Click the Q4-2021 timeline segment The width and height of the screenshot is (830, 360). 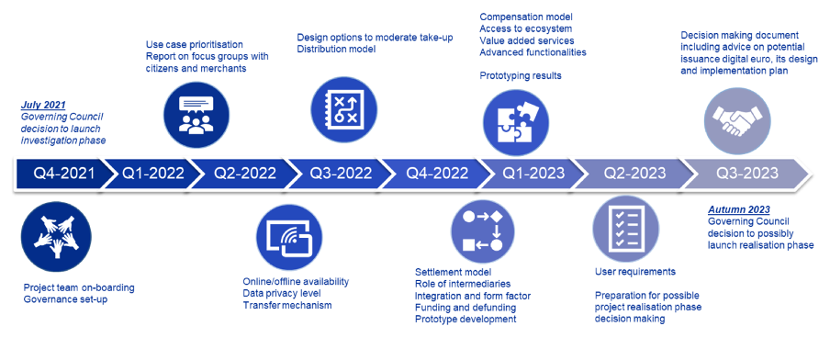click(62, 174)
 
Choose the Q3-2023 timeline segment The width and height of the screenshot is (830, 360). click(746, 174)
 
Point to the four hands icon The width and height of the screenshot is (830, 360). click(56, 234)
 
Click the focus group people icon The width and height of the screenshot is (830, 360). click(196, 115)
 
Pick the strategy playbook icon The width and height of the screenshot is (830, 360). click(343, 109)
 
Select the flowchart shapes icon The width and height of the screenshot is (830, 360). click(482, 231)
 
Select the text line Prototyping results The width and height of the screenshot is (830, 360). click(521, 75)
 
